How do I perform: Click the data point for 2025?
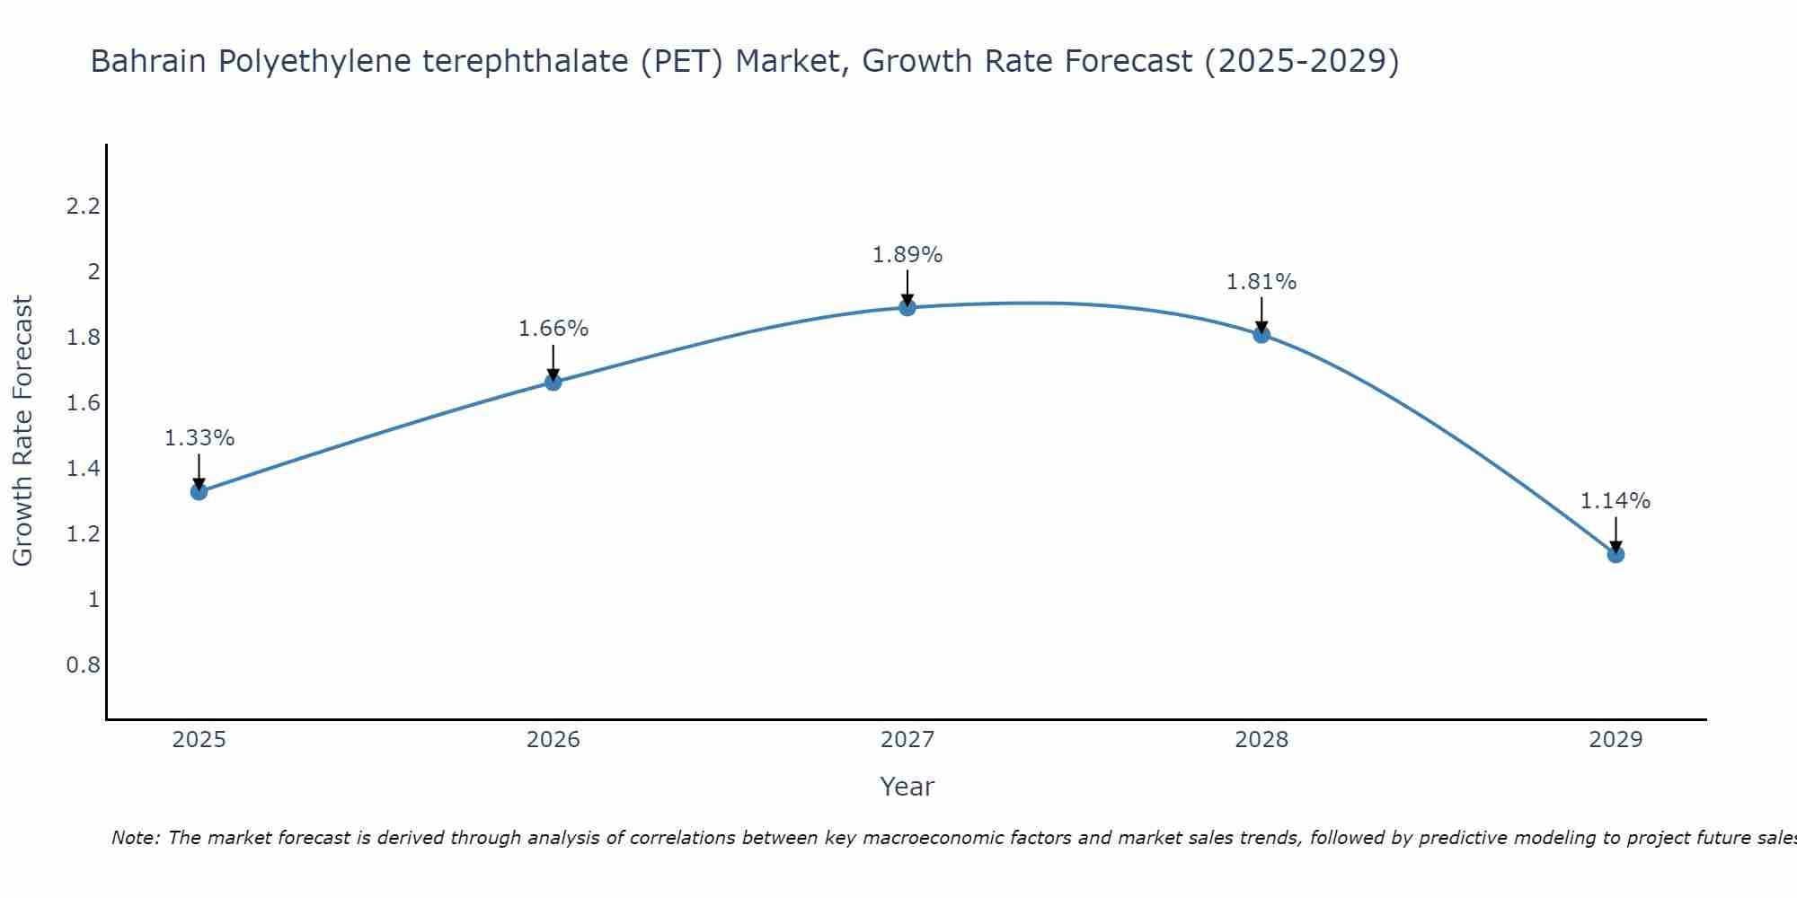pos(199,491)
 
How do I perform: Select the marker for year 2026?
pos(553,382)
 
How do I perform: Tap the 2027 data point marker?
pos(907,307)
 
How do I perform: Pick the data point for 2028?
pos(1261,334)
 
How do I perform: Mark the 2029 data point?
pos(1616,554)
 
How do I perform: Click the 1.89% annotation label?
pos(907,255)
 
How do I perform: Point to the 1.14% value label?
pos(1616,501)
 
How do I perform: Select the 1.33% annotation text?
pos(199,438)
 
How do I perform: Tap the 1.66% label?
pos(553,329)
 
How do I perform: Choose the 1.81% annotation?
pos(1261,282)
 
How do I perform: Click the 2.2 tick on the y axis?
pos(83,207)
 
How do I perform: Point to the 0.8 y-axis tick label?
pos(83,665)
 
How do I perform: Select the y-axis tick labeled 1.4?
pos(83,469)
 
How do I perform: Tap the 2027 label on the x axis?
pos(907,740)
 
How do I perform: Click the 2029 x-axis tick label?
pos(1616,740)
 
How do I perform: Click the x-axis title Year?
pos(907,787)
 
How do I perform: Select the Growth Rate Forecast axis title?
pos(22,430)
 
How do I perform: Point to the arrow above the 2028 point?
pos(1261,314)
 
